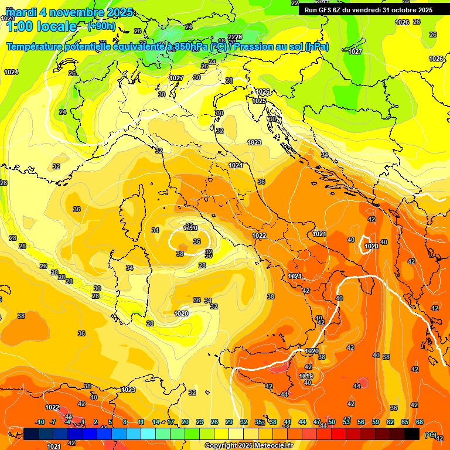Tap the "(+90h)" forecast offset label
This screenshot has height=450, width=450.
[101, 26]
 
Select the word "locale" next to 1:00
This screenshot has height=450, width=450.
[56, 26]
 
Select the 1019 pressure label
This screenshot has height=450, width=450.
[306, 376]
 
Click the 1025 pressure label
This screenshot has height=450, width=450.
[259, 101]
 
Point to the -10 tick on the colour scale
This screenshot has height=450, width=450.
[40, 422]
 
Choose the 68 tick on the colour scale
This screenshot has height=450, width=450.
[420, 422]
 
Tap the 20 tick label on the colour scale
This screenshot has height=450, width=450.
[185, 422]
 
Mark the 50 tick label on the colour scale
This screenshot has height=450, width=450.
[332, 422]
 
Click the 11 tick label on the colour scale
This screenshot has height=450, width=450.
[141, 422]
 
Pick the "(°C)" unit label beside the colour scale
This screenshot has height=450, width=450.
[431, 435]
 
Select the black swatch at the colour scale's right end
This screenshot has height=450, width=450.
[412, 434]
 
